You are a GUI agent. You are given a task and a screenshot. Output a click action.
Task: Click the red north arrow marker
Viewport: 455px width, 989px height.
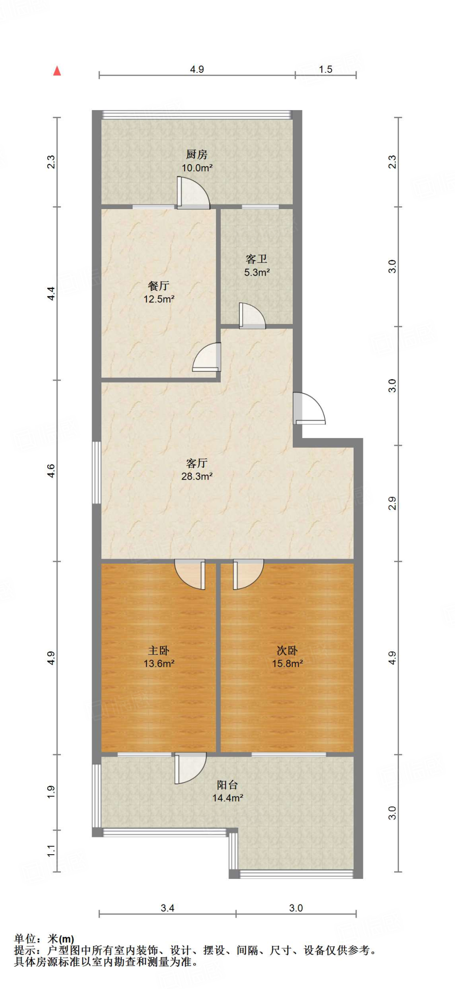click(57, 71)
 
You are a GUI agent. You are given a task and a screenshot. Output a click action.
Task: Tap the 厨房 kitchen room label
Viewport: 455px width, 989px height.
click(197, 155)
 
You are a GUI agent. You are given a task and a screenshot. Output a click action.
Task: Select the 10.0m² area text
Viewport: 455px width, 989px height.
click(197, 168)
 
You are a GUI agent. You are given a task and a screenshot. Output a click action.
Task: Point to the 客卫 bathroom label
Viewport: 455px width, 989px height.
click(256, 259)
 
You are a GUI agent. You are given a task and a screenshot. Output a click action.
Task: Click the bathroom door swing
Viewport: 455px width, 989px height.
click(252, 317)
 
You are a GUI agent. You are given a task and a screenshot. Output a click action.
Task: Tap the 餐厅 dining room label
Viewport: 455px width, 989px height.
click(158, 286)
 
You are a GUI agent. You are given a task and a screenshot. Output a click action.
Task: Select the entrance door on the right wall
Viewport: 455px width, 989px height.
click(308, 409)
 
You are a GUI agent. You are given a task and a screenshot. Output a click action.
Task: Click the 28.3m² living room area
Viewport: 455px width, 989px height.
click(197, 477)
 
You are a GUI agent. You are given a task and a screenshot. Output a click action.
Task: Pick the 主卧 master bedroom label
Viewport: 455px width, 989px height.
click(158, 650)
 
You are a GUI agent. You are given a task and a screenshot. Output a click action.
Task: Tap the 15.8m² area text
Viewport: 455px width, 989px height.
click(287, 664)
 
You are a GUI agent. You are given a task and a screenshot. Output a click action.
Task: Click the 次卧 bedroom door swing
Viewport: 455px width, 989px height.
click(247, 574)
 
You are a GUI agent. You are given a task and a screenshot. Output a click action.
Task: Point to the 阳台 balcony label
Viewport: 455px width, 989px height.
click(227, 785)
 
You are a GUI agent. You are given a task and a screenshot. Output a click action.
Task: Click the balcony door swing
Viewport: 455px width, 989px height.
click(190, 768)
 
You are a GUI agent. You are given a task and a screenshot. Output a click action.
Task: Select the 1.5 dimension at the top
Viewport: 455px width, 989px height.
click(326, 70)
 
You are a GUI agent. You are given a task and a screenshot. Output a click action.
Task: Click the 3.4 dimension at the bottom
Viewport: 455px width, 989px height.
click(167, 908)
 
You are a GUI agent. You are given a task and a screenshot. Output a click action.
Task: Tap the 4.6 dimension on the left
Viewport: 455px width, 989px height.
click(51, 471)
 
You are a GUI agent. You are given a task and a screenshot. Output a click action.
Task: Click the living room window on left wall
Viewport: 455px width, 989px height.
click(97, 472)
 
